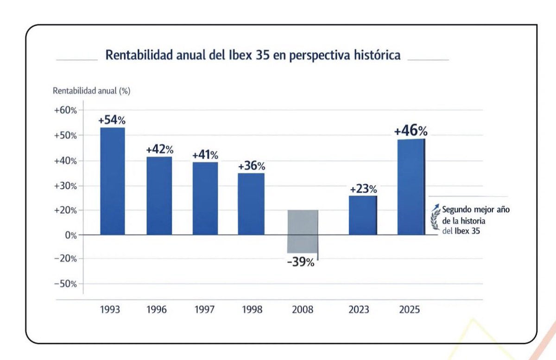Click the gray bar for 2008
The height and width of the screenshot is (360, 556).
point(302,231)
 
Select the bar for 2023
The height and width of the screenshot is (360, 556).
point(363,215)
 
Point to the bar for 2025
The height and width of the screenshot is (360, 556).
point(411,187)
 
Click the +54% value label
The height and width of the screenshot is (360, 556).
point(112,120)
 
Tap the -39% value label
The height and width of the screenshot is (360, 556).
point(300,262)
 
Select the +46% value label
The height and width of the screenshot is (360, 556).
point(411,131)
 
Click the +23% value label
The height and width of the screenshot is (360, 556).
point(363,189)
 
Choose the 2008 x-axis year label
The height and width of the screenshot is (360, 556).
point(303,309)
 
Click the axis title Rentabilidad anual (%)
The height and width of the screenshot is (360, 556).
point(92,91)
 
